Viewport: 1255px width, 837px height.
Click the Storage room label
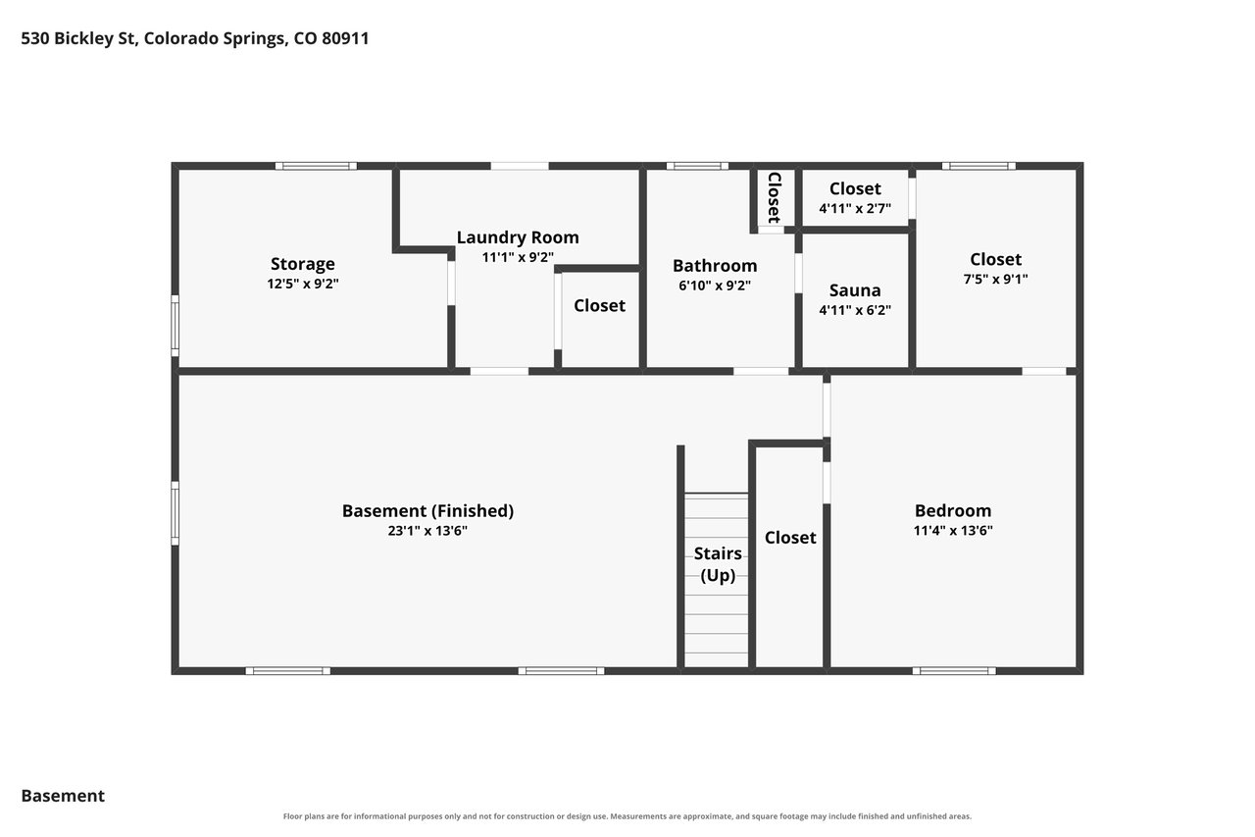pos(303,264)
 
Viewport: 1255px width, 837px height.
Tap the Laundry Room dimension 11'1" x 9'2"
pos(518,257)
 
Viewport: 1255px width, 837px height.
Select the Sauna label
pos(855,290)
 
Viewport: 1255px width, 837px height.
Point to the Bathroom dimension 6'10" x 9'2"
pos(715,286)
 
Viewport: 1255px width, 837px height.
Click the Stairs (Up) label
pos(718,564)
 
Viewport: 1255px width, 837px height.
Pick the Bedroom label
pos(953,510)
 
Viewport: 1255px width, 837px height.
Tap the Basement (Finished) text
pos(428,511)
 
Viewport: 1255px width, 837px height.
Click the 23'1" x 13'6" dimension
pos(427,531)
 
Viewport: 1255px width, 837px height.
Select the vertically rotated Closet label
pos(775,197)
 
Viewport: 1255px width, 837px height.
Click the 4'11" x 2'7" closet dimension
pos(855,209)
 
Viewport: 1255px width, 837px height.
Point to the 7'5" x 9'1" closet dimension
pos(995,280)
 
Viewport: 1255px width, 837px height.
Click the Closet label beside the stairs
pos(790,538)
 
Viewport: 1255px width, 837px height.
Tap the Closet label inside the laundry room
pos(599,305)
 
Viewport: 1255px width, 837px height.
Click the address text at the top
pos(195,38)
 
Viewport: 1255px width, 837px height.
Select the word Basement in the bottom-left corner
pos(63,796)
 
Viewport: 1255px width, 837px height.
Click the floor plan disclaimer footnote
pos(627,816)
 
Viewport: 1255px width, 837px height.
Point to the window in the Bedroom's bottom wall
pos(954,671)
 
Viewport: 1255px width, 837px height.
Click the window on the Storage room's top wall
pos(316,166)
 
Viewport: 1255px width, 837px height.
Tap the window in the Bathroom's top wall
pos(697,166)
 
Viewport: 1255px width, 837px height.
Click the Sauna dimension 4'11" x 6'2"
pos(855,311)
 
